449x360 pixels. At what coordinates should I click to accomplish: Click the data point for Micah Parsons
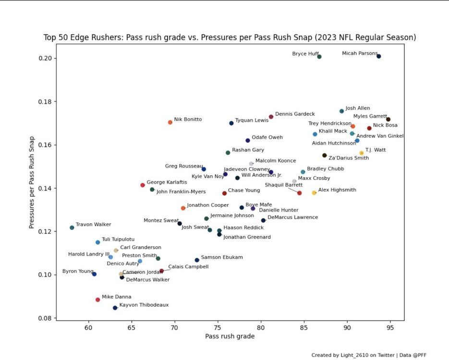[379, 56]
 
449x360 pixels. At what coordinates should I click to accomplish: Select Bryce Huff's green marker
[319, 57]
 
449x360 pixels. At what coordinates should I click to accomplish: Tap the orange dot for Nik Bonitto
[170, 122]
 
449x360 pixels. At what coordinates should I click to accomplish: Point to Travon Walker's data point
[72, 228]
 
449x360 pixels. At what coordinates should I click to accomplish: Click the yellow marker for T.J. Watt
[362, 153]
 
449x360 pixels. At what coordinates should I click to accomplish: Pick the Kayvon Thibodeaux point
[115, 308]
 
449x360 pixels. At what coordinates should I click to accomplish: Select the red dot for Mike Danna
[97, 300]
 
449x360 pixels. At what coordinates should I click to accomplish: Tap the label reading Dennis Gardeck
[295, 114]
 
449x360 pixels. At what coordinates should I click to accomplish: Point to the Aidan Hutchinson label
[334, 143]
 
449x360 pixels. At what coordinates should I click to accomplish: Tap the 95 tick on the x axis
[390, 328]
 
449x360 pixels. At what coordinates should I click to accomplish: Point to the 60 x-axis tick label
[88, 328]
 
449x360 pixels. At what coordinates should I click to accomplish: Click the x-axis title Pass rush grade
[230, 336]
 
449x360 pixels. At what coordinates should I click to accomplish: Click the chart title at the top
[230, 37]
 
